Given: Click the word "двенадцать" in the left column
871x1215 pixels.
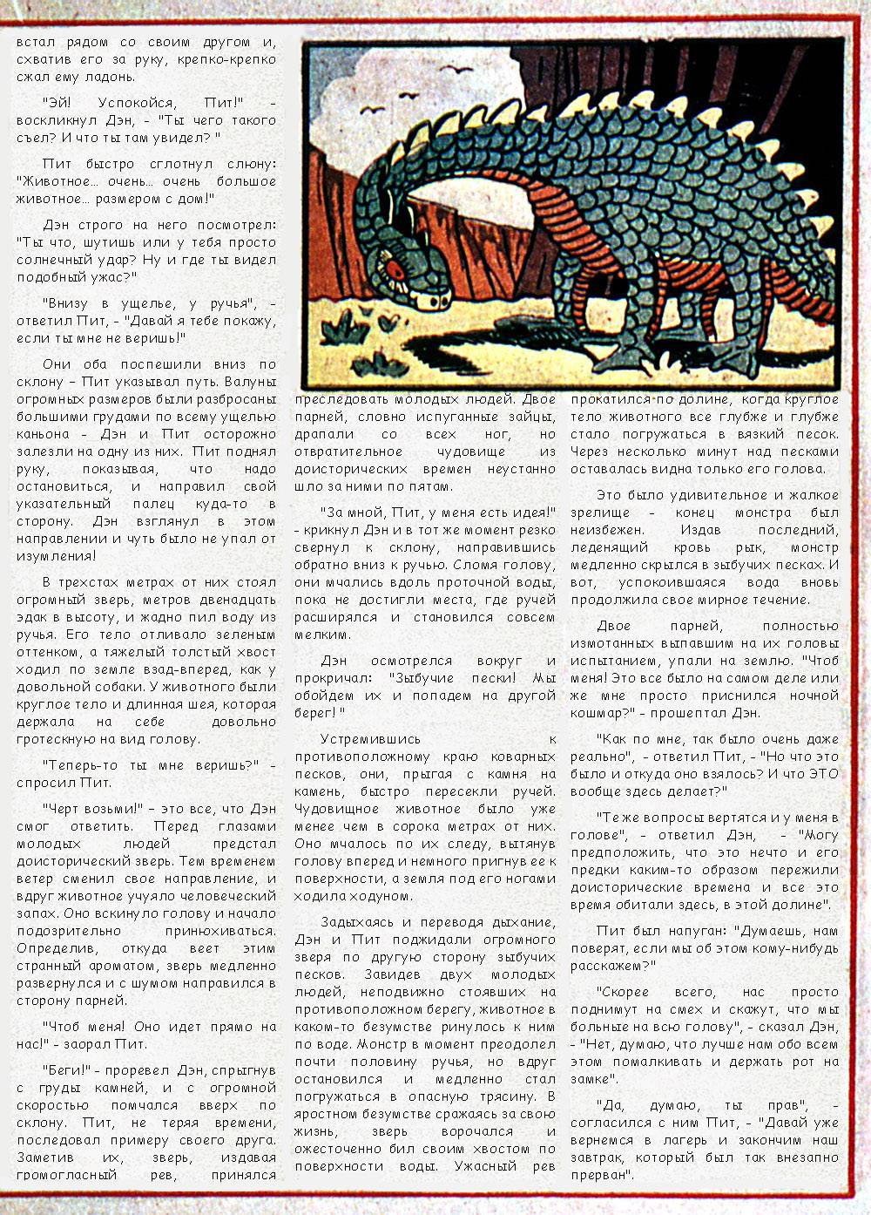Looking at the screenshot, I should coord(234,600).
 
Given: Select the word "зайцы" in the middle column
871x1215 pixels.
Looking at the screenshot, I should coord(526,417).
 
